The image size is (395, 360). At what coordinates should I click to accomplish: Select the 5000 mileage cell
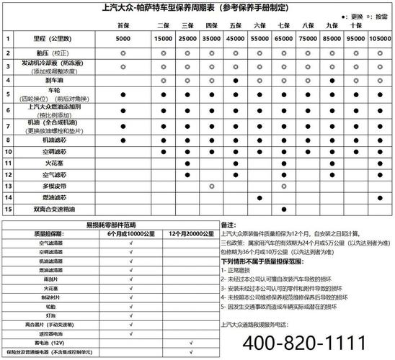point(123,37)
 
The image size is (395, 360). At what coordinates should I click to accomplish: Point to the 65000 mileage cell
point(284,37)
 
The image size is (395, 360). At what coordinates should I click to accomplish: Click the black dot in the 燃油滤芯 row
point(260,197)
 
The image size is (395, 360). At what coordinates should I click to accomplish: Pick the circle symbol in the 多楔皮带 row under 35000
point(212,186)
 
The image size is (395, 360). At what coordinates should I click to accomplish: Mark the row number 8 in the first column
point(8,140)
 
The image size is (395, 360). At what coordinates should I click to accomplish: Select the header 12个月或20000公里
point(190,234)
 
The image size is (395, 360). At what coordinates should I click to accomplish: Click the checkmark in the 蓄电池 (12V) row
point(190,343)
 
